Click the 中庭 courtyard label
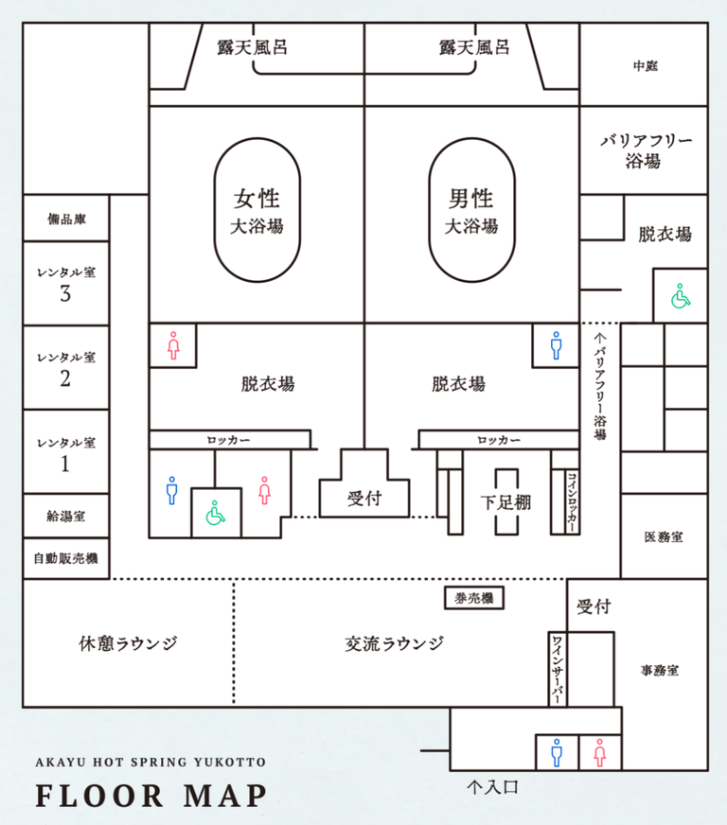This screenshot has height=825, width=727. pyautogui.click(x=646, y=66)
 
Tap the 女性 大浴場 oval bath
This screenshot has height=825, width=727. pyautogui.click(x=257, y=211)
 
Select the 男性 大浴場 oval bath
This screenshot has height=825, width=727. pyautogui.click(x=471, y=211)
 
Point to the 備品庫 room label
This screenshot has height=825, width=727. pyautogui.click(x=66, y=219)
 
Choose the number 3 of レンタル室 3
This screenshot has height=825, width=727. pyautogui.click(x=65, y=294)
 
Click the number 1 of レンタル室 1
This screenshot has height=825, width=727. pyautogui.click(x=65, y=465)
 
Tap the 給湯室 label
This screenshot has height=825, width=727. pyautogui.click(x=66, y=517)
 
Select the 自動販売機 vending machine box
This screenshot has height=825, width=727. pyautogui.click(x=65, y=559)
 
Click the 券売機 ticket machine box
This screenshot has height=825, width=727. pyautogui.click(x=473, y=598)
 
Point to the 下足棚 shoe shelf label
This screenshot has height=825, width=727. pyautogui.click(x=505, y=502)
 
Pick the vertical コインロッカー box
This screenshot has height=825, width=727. pyautogui.click(x=572, y=502)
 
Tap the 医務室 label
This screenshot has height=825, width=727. pyautogui.click(x=664, y=536)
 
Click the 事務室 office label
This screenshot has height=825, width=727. pyautogui.click(x=659, y=670)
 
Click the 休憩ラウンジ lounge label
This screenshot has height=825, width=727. pyautogui.click(x=128, y=644)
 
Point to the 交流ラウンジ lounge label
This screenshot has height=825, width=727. pyautogui.click(x=394, y=644)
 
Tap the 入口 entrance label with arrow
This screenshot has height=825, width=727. pyautogui.click(x=492, y=785)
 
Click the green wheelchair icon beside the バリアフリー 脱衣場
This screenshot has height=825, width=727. pyautogui.click(x=680, y=297)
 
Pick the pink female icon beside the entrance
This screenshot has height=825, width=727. pyautogui.click(x=599, y=753)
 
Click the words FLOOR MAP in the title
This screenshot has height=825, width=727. pyautogui.click(x=151, y=795)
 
